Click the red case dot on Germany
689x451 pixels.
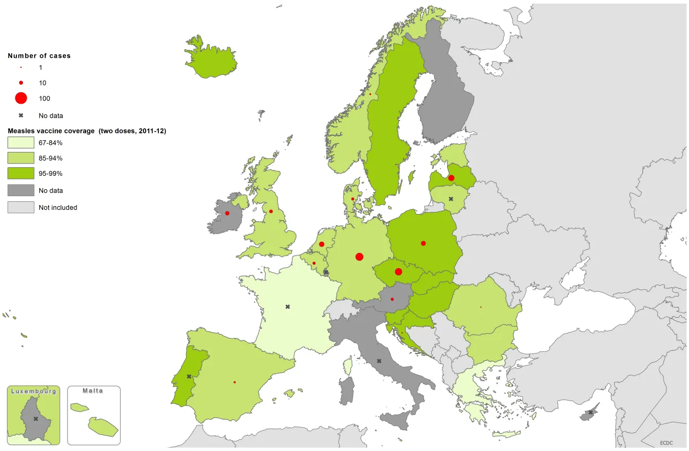(x=359, y=257)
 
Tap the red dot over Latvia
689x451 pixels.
(x=451, y=178)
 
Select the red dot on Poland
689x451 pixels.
(x=423, y=243)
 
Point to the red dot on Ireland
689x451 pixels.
(x=227, y=213)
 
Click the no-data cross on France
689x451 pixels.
(x=288, y=307)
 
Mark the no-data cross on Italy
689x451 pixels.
(x=379, y=361)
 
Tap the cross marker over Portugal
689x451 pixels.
(x=189, y=376)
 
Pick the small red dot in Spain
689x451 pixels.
(x=234, y=382)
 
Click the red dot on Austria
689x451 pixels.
(x=392, y=299)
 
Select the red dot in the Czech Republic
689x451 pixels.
(x=399, y=272)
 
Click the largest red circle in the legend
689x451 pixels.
(x=21, y=98)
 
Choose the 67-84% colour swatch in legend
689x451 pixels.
(x=21, y=142)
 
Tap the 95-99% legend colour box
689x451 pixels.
(x=21, y=173)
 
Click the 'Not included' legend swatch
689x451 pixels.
(x=21, y=207)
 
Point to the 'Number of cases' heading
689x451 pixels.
(x=39, y=56)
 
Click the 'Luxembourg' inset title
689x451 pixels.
(x=33, y=391)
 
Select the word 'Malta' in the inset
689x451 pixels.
(x=93, y=390)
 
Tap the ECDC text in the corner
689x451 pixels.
(x=667, y=443)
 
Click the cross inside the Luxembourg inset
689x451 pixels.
(x=36, y=419)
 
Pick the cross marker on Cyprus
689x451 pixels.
(x=590, y=412)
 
